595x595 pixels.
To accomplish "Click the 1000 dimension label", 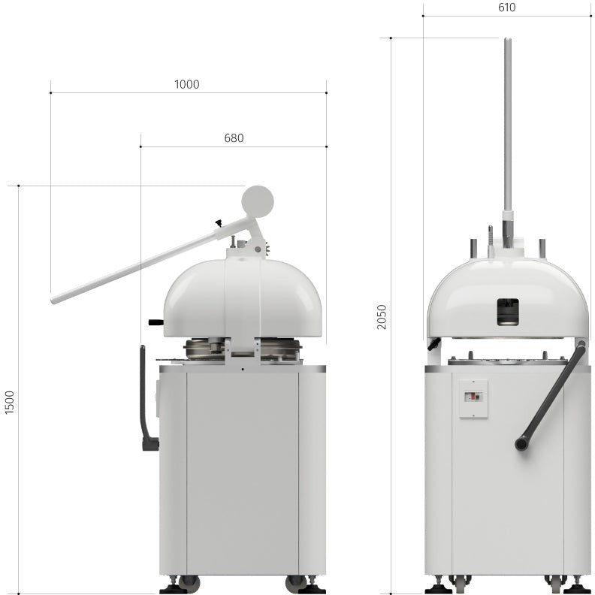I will [x=187, y=84].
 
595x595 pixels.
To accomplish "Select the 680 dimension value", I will [x=234, y=138].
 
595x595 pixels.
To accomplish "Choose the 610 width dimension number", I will [x=506, y=8].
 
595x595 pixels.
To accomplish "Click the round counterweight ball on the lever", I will [x=258, y=201].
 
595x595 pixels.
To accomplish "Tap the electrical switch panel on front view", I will [x=473, y=398].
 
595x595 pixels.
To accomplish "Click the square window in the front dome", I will [x=507, y=312].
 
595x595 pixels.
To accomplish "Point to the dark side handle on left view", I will [x=145, y=398].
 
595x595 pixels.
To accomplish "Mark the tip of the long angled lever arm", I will [x=55, y=300].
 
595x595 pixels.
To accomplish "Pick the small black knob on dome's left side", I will [x=156, y=322].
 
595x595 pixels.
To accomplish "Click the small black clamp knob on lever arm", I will [x=219, y=222].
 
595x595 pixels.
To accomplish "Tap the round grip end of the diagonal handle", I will [x=521, y=443].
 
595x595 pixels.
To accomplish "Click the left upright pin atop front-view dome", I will [x=473, y=247].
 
